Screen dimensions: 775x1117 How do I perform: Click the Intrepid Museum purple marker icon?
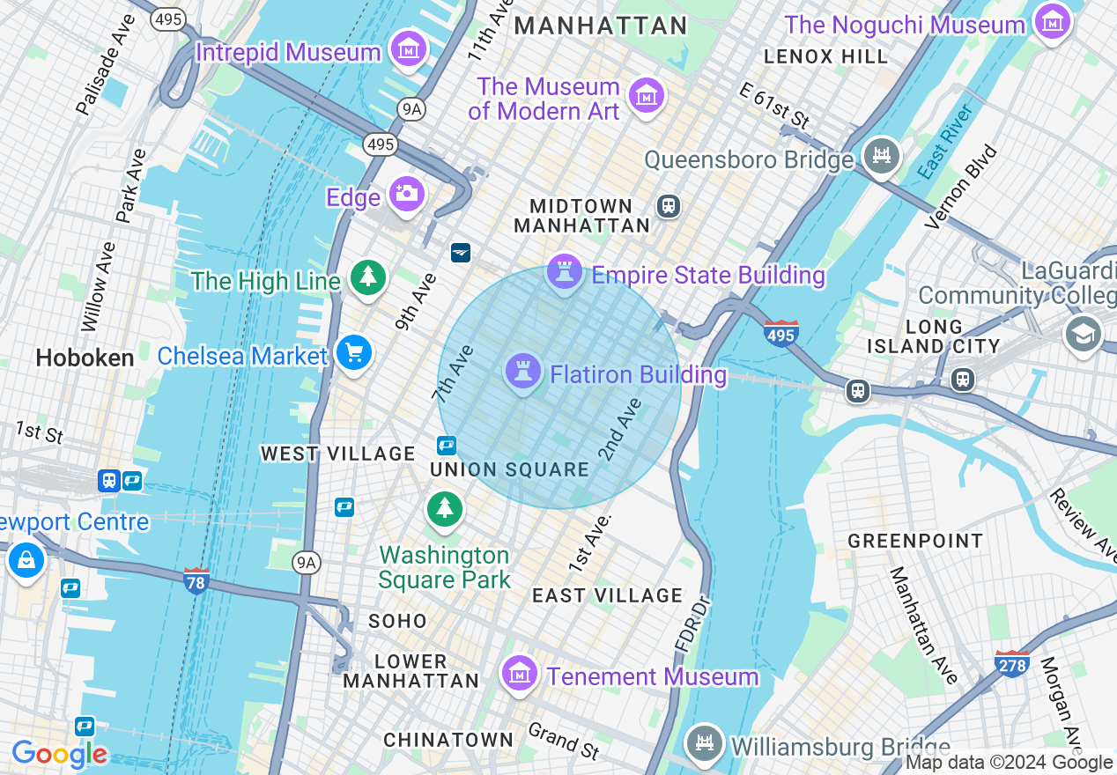click(x=409, y=49)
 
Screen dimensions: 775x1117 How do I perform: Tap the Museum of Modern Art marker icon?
click(x=647, y=93)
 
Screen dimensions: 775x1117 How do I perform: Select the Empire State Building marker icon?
click(x=565, y=272)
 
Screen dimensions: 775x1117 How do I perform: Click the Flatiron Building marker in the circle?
click(x=523, y=373)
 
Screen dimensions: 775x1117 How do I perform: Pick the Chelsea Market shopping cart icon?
click(x=354, y=354)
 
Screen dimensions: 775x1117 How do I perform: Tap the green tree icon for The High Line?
click(x=367, y=277)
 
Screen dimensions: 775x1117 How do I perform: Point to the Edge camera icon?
click(x=407, y=193)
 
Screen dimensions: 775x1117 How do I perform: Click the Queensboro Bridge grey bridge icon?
click(x=881, y=156)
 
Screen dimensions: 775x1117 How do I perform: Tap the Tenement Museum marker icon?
click(x=520, y=674)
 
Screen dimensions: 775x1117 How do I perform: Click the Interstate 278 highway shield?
click(x=1011, y=663)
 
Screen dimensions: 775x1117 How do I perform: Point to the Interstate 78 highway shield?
click(x=196, y=581)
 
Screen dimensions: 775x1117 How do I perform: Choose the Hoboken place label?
click(x=85, y=358)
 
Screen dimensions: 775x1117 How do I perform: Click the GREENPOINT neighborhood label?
click(x=915, y=541)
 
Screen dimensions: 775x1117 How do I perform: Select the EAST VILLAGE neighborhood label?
click(x=607, y=596)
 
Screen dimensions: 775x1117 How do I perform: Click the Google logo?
click(x=59, y=754)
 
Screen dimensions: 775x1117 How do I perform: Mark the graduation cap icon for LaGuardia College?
click(x=1083, y=333)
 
